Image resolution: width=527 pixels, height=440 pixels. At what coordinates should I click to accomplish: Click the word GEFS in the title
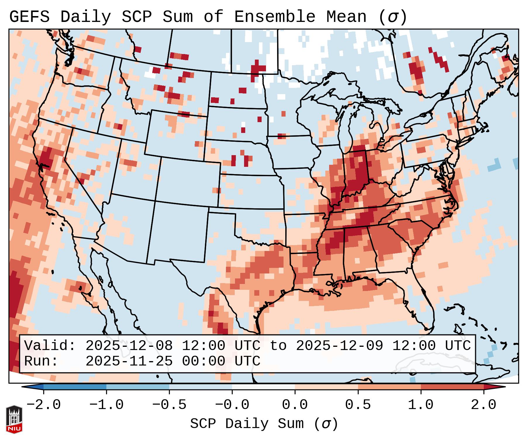(x=29, y=17)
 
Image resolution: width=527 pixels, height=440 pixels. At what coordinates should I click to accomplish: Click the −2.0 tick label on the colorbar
(x=44, y=405)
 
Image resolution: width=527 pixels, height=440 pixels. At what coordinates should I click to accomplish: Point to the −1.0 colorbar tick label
(x=106, y=405)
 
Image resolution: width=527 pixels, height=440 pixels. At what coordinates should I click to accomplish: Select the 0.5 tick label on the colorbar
(x=358, y=405)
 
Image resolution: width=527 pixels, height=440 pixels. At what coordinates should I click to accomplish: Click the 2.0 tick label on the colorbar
(x=483, y=405)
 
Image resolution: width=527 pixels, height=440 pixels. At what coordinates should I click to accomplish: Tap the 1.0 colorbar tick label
(x=421, y=405)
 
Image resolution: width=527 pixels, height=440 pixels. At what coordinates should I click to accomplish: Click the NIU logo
(x=14, y=419)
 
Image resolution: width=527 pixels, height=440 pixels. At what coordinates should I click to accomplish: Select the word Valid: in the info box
(x=50, y=346)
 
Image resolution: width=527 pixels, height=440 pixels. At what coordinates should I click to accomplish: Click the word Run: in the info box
(x=41, y=361)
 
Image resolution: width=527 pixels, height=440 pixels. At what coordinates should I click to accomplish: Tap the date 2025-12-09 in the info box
(x=339, y=346)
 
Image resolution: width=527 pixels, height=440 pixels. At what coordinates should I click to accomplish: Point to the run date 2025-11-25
(x=129, y=361)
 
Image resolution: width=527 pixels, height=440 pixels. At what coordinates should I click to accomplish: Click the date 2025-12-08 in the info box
(x=129, y=346)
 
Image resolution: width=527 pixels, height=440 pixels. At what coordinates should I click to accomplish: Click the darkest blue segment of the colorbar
(x=75, y=387)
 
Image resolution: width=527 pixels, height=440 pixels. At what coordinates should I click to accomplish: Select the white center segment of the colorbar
(x=263, y=387)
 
